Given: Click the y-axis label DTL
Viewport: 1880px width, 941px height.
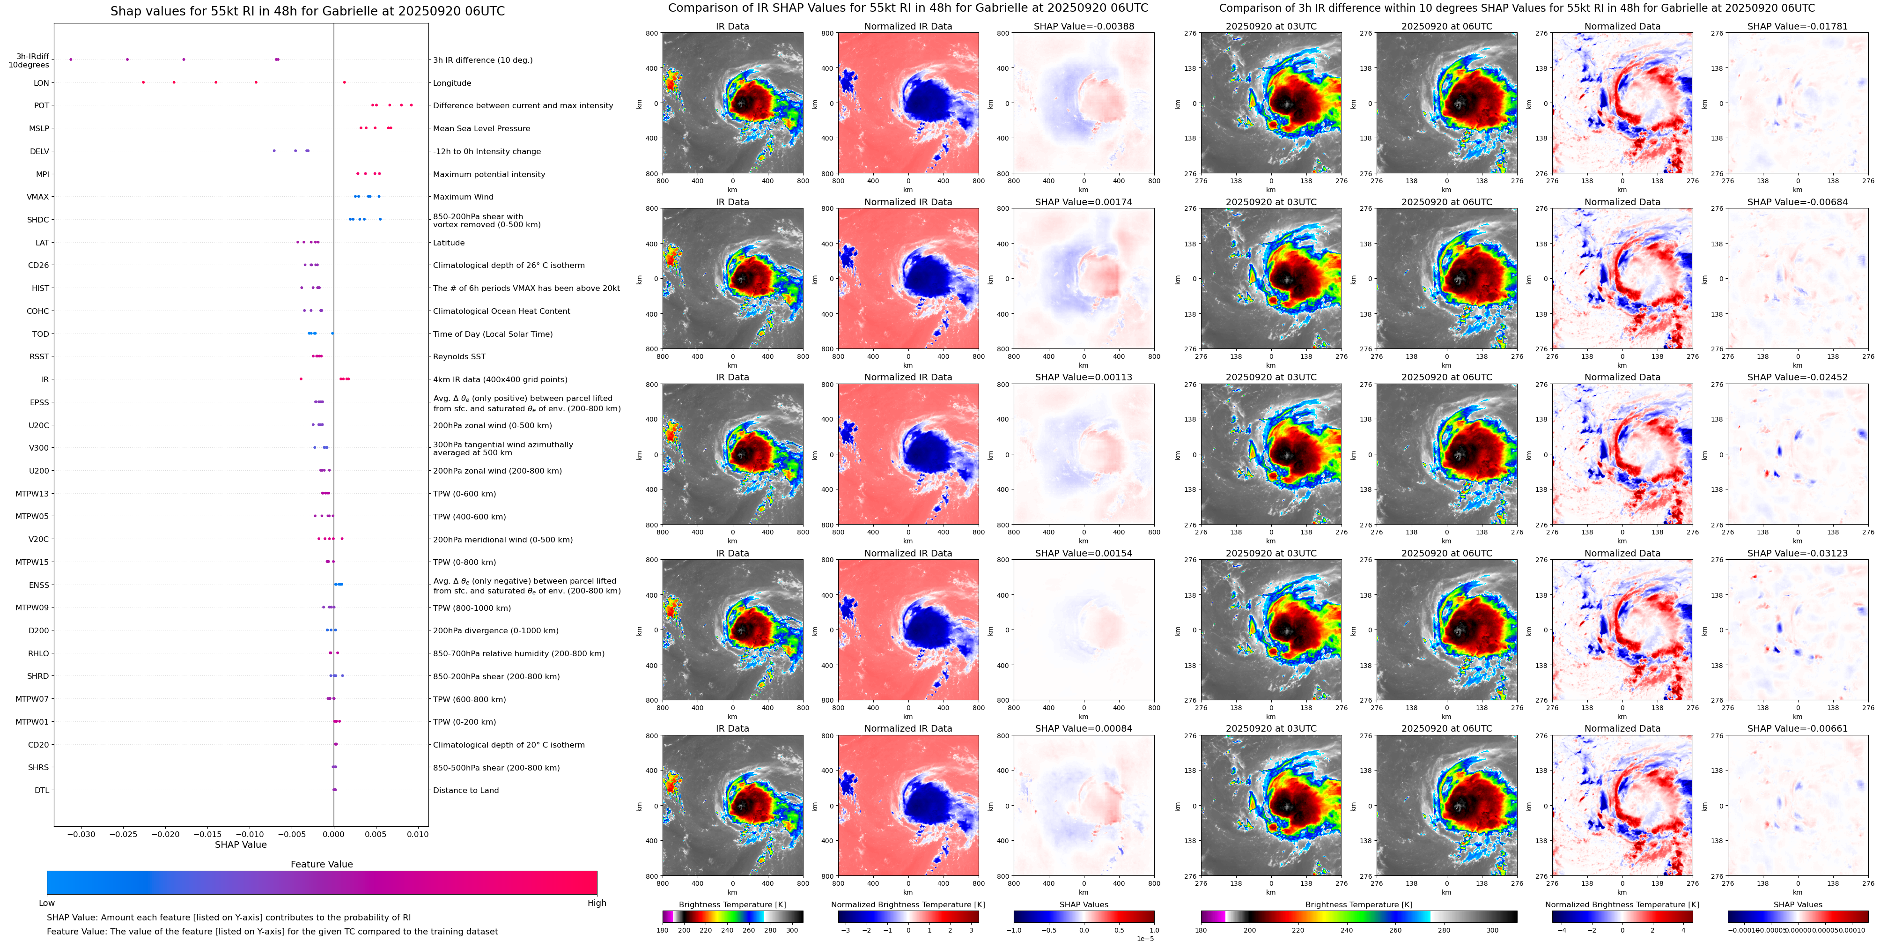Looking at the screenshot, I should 42,790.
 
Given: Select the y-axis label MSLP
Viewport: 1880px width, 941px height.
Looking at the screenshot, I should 39,128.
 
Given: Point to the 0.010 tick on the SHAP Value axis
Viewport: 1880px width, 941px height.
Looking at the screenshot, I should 418,834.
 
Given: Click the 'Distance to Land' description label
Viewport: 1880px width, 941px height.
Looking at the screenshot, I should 465,790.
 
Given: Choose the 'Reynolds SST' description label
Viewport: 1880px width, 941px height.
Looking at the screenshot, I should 458,356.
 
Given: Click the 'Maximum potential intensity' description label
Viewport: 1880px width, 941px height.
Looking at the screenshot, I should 488,174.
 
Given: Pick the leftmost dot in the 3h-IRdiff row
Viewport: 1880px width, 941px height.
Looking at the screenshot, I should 71,59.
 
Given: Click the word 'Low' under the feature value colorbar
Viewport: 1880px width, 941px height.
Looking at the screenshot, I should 47,903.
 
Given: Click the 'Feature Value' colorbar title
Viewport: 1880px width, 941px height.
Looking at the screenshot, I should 321,864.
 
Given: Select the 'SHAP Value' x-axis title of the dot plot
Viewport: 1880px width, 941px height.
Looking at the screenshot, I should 240,845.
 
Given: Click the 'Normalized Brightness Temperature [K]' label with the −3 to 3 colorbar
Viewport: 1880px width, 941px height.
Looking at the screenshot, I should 908,904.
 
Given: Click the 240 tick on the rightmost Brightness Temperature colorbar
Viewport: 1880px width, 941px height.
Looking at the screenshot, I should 1347,930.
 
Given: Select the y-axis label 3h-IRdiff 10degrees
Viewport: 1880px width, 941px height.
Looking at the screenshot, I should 29,60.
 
